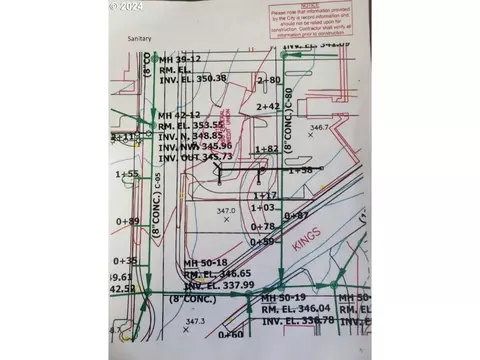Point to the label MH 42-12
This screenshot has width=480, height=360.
tap(181, 116)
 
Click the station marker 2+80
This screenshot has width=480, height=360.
tap(268, 79)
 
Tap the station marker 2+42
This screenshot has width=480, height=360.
tap(268, 106)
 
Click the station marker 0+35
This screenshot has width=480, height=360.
tap(126, 260)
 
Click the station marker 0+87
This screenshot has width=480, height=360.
tap(296, 215)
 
